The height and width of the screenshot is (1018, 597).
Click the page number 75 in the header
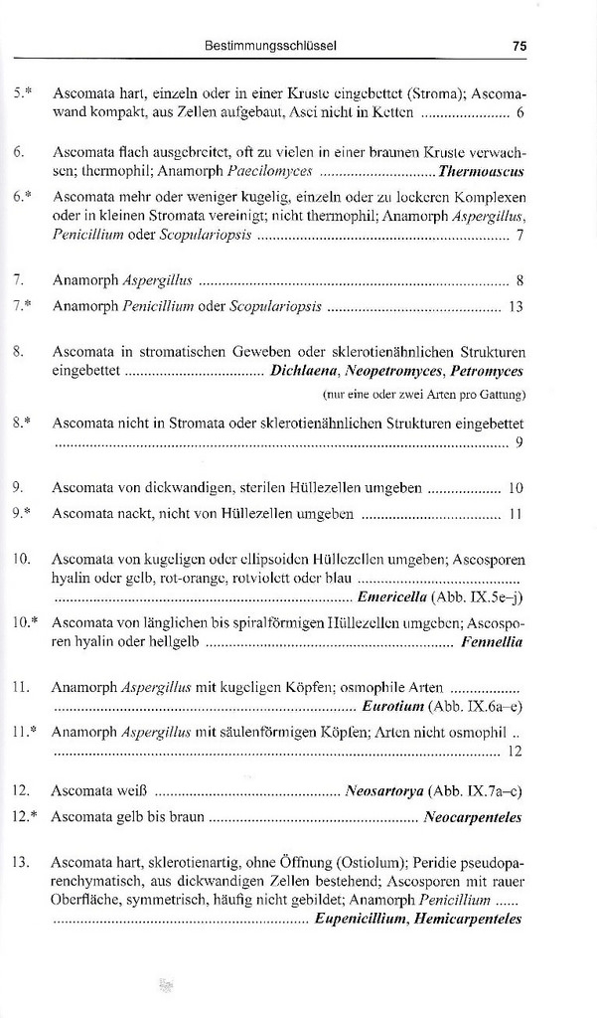[x=519, y=46]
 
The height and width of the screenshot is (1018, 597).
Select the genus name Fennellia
[x=492, y=642]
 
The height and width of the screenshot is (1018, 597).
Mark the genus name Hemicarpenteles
[x=468, y=920]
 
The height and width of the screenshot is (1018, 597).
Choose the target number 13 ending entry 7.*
[x=515, y=307]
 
